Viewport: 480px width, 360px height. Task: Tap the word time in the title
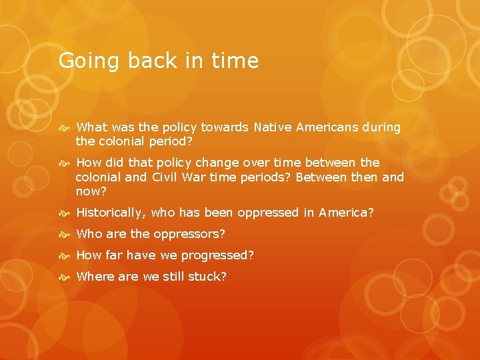point(233,61)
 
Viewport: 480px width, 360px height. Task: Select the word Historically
point(112,213)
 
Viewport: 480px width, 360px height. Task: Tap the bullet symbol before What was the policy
point(66,127)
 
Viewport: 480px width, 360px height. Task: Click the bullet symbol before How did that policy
point(66,163)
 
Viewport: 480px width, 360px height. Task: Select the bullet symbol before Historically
point(66,213)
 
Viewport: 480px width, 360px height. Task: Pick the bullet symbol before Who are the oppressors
point(66,234)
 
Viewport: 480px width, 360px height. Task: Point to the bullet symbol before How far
point(66,255)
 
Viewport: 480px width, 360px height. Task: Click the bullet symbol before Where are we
point(66,277)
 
